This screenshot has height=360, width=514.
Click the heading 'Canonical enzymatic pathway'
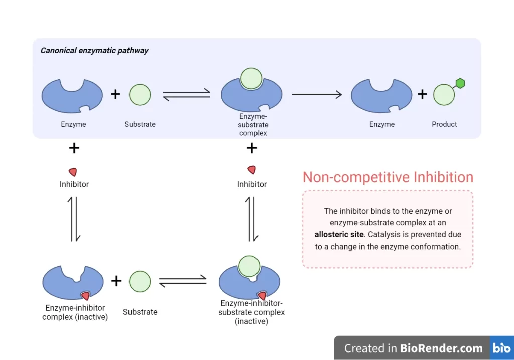(x=94, y=50)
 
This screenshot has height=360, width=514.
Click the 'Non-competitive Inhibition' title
(x=388, y=177)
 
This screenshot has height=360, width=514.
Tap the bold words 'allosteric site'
(x=339, y=234)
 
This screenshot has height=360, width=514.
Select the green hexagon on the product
(x=460, y=84)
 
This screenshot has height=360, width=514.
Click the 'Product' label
(x=444, y=124)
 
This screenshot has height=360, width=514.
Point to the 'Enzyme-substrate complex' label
(x=253, y=125)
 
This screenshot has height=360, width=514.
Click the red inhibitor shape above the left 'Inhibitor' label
(x=73, y=172)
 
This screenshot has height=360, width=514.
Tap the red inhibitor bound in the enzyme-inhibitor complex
(x=85, y=296)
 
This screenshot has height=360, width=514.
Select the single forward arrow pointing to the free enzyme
(x=317, y=94)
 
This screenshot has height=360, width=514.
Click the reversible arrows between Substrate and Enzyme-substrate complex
(x=186, y=94)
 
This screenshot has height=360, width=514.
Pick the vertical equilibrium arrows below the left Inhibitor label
(x=74, y=219)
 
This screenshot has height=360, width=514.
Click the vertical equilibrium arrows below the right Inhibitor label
(x=251, y=219)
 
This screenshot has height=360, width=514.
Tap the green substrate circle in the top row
(x=140, y=95)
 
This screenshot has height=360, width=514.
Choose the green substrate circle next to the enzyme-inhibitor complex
(x=140, y=281)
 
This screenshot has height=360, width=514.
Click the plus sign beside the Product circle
(x=422, y=94)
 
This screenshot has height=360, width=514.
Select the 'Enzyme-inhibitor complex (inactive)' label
(x=75, y=312)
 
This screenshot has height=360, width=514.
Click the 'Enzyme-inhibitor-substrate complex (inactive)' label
(x=251, y=312)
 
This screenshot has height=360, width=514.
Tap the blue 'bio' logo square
(x=501, y=348)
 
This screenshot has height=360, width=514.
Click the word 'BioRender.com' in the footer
(x=441, y=348)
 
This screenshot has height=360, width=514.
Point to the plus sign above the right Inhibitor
(x=252, y=148)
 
